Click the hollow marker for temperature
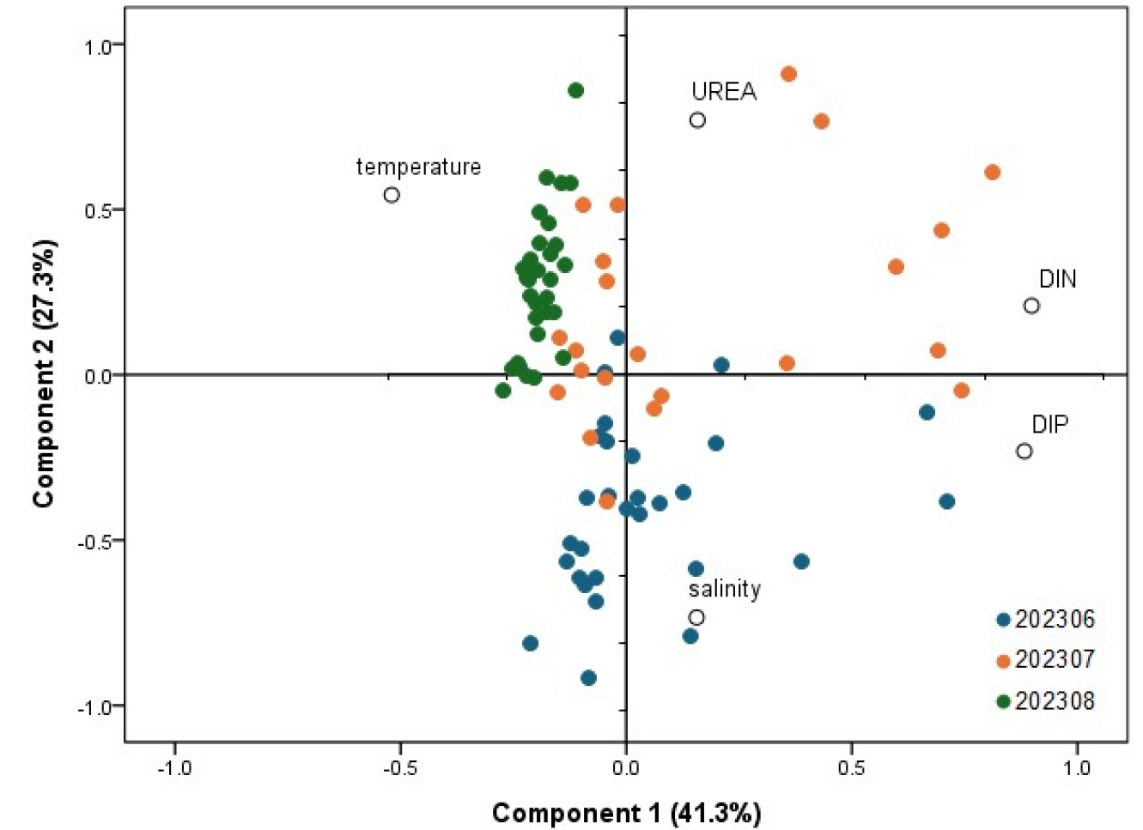(392, 195)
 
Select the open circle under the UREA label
(697, 120)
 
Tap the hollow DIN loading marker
(1031, 306)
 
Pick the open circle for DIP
(1024, 451)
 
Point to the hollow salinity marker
(696, 617)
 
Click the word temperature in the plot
(418, 167)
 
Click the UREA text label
(724, 92)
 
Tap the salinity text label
(724, 589)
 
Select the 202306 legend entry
(1046, 620)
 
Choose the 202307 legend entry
(1046, 659)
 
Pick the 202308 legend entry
(1046, 700)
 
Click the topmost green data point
(576, 90)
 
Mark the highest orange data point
(788, 74)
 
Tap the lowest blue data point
(588, 678)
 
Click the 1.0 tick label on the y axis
(100, 46)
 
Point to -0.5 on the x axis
(400, 767)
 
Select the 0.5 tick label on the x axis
(851, 767)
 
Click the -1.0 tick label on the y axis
(96, 707)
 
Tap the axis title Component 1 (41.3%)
(626, 812)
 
